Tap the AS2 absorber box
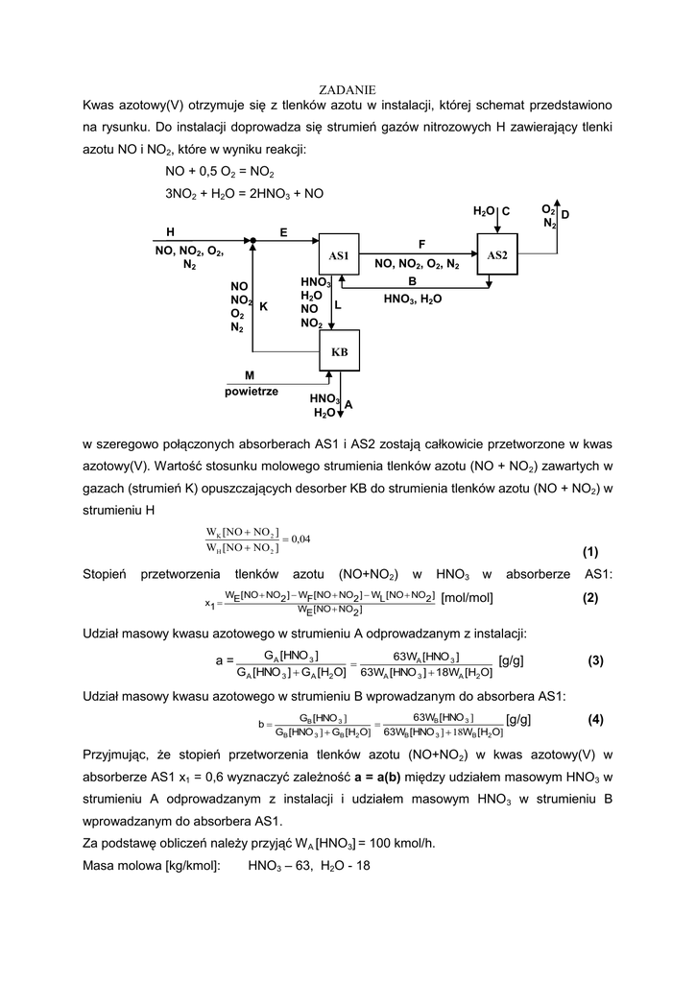[x=496, y=254]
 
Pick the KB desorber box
[x=339, y=352]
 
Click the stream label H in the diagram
[x=170, y=232]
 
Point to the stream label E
[x=283, y=232]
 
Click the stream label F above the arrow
[x=420, y=244]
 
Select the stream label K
[x=263, y=306]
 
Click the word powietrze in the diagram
[x=252, y=391]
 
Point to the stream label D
[x=565, y=216]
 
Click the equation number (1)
[x=589, y=552]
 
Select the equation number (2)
[x=589, y=598]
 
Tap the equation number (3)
[x=595, y=660]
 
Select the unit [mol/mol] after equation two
[x=467, y=598]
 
